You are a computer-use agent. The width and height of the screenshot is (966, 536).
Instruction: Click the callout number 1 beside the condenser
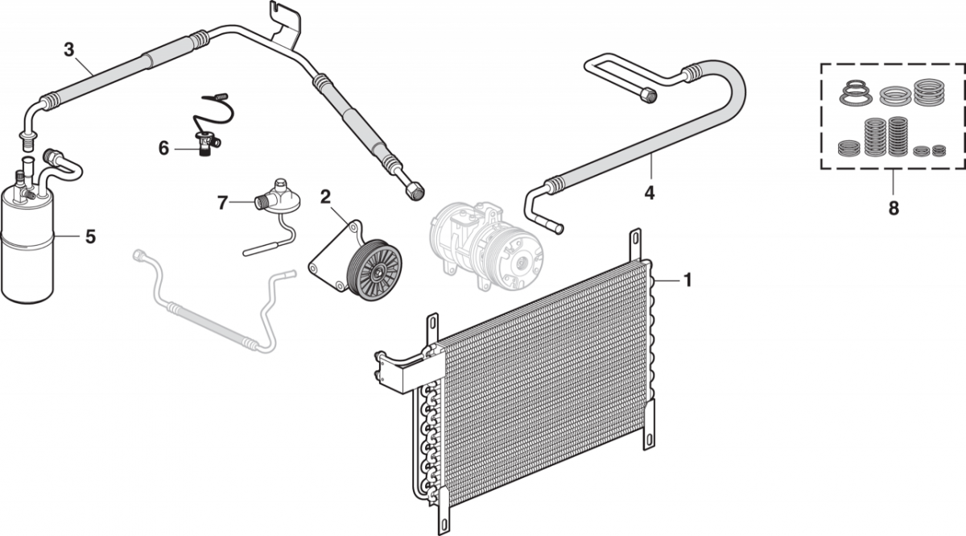(x=687, y=280)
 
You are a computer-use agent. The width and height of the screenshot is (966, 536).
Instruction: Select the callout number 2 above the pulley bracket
(x=326, y=196)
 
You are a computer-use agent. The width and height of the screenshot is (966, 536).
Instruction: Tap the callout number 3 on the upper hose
(x=69, y=49)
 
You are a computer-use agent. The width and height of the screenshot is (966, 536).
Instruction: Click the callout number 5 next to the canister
(x=90, y=236)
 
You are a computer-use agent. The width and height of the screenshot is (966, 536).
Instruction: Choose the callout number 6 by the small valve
(x=164, y=149)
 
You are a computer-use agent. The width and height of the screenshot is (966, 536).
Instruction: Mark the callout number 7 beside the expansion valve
(x=223, y=203)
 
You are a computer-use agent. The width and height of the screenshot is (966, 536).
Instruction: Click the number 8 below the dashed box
(x=894, y=207)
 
